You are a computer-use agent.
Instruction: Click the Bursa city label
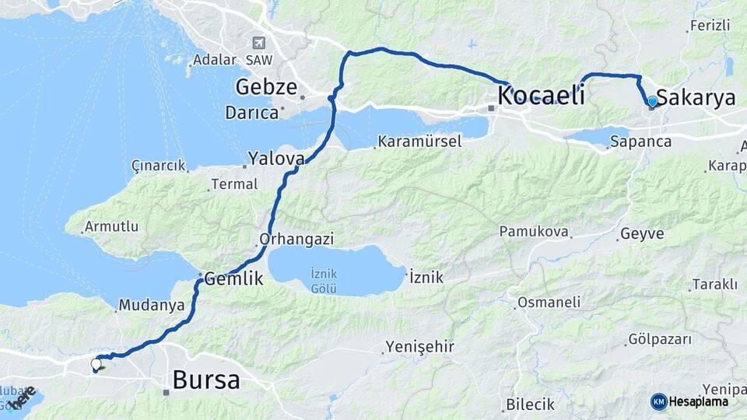point(206,380)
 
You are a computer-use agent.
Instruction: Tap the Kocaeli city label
point(540,96)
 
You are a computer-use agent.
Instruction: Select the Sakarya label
point(696,98)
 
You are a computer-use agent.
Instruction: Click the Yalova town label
point(275,159)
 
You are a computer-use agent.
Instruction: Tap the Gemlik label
point(234,279)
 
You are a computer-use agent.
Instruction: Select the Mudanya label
point(151,305)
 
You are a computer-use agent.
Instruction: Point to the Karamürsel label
point(419,142)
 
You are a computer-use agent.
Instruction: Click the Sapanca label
point(640,142)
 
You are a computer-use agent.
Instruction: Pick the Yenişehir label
point(420,346)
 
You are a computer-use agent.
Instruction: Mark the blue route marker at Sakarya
point(652,102)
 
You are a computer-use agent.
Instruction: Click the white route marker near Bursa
point(96,363)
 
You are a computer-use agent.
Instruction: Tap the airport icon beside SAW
point(258,43)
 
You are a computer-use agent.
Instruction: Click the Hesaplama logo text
point(699,401)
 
